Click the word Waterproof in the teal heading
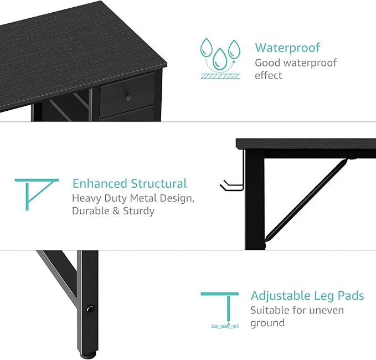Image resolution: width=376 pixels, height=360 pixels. click(x=287, y=48)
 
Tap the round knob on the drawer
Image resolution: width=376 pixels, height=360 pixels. click(x=128, y=97)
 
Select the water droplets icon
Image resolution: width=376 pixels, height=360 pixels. click(x=220, y=58)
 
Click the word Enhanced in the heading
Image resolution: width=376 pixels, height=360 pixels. click(x=100, y=183)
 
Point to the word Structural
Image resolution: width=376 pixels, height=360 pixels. click(x=158, y=183)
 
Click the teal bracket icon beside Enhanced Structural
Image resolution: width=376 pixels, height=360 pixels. click(x=37, y=194)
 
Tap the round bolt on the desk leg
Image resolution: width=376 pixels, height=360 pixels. click(x=90, y=308)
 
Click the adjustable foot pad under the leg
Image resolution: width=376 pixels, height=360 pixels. click(x=88, y=355)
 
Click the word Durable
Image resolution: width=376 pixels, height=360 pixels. click(x=91, y=211)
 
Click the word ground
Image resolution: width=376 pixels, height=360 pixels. click(x=267, y=323)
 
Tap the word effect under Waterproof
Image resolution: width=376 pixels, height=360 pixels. click(x=269, y=75)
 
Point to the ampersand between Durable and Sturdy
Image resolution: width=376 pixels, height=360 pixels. click(x=116, y=211)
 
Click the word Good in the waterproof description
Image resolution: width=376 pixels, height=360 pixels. click(x=267, y=63)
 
